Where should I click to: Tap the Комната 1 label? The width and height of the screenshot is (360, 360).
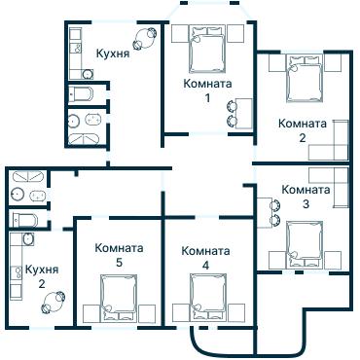click(206, 90)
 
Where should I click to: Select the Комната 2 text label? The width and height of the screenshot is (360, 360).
click(302, 130)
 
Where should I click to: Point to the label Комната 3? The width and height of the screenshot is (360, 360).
click(305, 196)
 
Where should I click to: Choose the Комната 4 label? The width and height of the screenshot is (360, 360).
click(205, 257)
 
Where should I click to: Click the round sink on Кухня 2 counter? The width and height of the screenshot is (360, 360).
click(27, 238)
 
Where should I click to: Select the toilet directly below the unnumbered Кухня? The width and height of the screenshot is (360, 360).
click(82, 94)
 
